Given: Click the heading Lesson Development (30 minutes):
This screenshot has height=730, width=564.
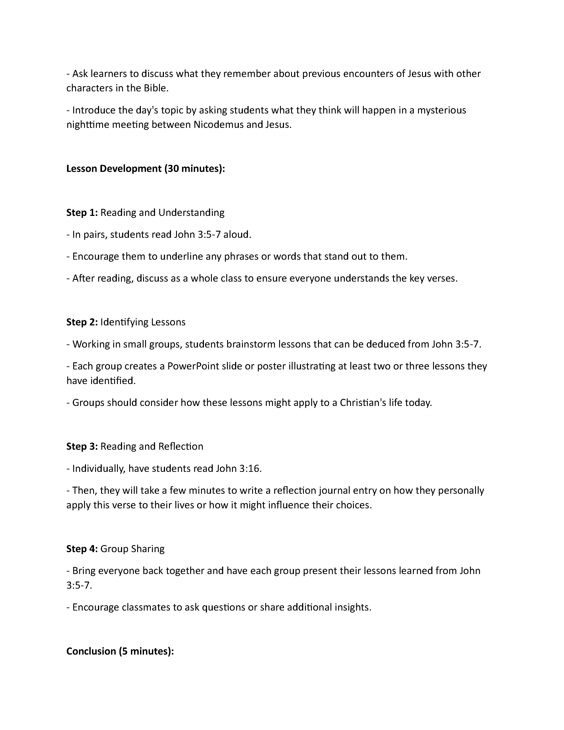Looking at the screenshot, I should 146,169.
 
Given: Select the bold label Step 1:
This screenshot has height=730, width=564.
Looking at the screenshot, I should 82,213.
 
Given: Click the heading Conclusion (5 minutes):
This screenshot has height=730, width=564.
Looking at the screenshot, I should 120,651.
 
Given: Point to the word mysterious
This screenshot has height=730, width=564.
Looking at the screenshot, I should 441,110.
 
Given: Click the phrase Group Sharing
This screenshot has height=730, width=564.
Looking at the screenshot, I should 132,549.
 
